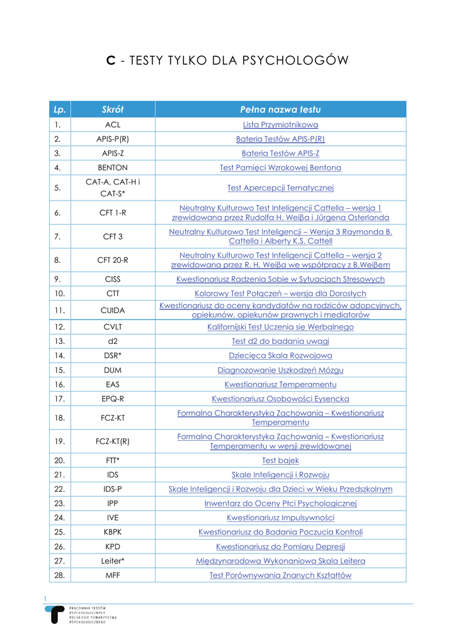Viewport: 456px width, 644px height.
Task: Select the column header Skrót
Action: pyautogui.click(x=113, y=109)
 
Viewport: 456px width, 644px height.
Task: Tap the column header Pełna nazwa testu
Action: pyautogui.click(x=280, y=109)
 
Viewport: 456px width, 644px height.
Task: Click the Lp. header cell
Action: pyautogui.click(x=60, y=109)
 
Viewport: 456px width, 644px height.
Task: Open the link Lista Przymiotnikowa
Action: pyautogui.click(x=280, y=125)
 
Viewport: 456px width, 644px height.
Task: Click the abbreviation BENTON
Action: pyautogui.click(x=113, y=168)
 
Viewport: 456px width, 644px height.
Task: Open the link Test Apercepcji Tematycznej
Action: pyautogui.click(x=280, y=187)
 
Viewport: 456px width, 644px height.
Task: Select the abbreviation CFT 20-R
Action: pyautogui.click(x=113, y=260)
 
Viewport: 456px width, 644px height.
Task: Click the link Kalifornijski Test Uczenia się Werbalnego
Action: pyautogui.click(x=280, y=327)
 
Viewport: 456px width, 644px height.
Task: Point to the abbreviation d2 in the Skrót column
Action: pyautogui.click(x=113, y=341)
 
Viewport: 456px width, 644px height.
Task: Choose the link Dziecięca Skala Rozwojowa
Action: pyautogui.click(x=280, y=355)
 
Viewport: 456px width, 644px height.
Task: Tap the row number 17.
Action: pyautogui.click(x=58, y=399)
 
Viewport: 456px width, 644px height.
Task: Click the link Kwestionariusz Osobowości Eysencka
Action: pyautogui.click(x=280, y=399)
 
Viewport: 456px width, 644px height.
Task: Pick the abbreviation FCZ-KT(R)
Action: pyautogui.click(x=113, y=441)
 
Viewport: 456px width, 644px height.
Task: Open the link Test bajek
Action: pyautogui.click(x=280, y=460)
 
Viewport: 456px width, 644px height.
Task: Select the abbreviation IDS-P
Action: pyautogui.click(x=113, y=489)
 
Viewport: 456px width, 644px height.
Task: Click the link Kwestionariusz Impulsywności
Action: pyautogui.click(x=280, y=518)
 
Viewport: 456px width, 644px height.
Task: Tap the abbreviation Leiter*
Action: pyautogui.click(x=113, y=560)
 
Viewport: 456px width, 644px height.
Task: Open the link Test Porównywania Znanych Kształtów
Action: pyautogui.click(x=280, y=575)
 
